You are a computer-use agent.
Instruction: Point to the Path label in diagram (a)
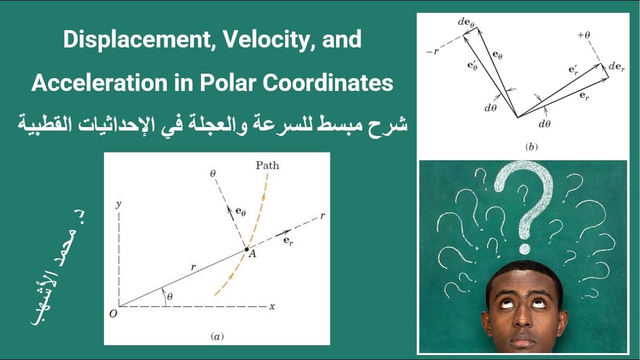(267, 165)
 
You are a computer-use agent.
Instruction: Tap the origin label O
(112, 313)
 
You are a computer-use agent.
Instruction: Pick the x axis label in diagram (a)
(272, 306)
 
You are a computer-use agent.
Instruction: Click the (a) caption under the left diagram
(216, 336)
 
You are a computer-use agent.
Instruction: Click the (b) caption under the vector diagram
(531, 147)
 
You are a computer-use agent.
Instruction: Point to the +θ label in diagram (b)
(583, 35)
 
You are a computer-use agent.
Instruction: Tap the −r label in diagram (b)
(432, 52)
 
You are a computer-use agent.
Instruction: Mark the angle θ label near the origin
(170, 296)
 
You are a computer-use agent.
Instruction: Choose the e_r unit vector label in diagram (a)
(287, 240)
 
